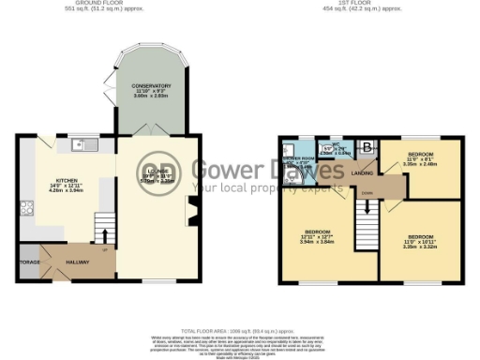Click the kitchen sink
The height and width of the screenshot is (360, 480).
85,144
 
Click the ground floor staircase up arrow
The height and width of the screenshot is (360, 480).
105,234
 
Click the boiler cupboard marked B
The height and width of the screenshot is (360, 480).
367,146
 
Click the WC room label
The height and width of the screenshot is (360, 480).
329,147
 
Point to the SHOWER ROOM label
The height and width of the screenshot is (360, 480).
300,160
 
